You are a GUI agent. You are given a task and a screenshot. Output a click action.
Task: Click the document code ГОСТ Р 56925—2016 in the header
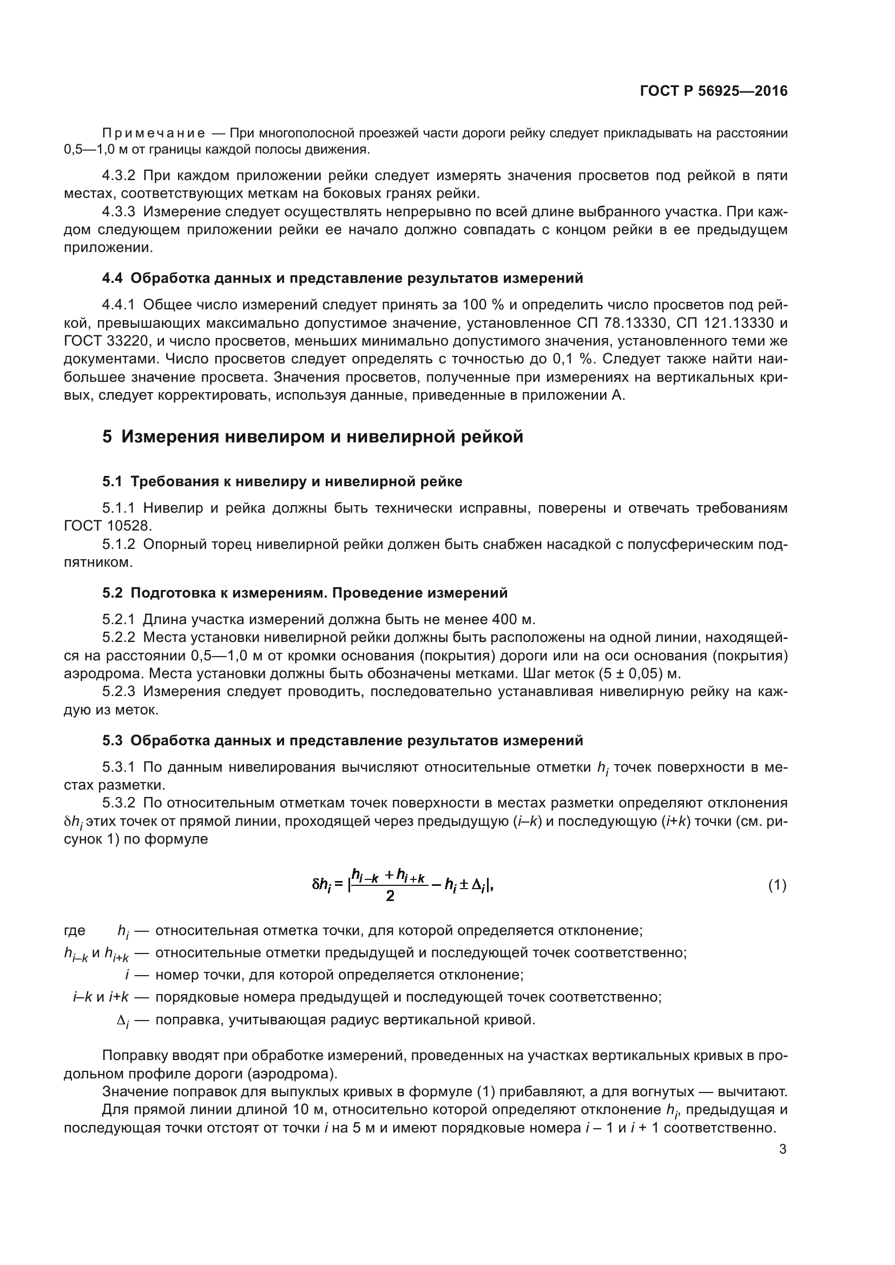[x=714, y=91]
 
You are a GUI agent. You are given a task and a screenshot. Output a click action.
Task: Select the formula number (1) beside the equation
[x=777, y=885]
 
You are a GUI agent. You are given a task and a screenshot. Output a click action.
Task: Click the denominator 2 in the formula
[x=390, y=896]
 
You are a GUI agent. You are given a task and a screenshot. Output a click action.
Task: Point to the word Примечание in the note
[x=154, y=134]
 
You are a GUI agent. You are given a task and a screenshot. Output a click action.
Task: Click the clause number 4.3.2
[x=119, y=176]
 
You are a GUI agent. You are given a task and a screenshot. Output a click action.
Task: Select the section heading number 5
[x=107, y=437]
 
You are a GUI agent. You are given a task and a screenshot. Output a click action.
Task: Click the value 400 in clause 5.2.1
[x=505, y=619]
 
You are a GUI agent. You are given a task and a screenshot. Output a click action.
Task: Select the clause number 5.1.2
[x=119, y=545]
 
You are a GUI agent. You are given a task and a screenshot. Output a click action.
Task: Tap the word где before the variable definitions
[x=74, y=931]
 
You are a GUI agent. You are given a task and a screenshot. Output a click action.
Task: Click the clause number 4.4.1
[x=119, y=304]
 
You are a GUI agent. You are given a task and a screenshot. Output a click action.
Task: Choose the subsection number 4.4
[x=112, y=278]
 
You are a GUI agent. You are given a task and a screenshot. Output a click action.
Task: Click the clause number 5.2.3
[x=119, y=692]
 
